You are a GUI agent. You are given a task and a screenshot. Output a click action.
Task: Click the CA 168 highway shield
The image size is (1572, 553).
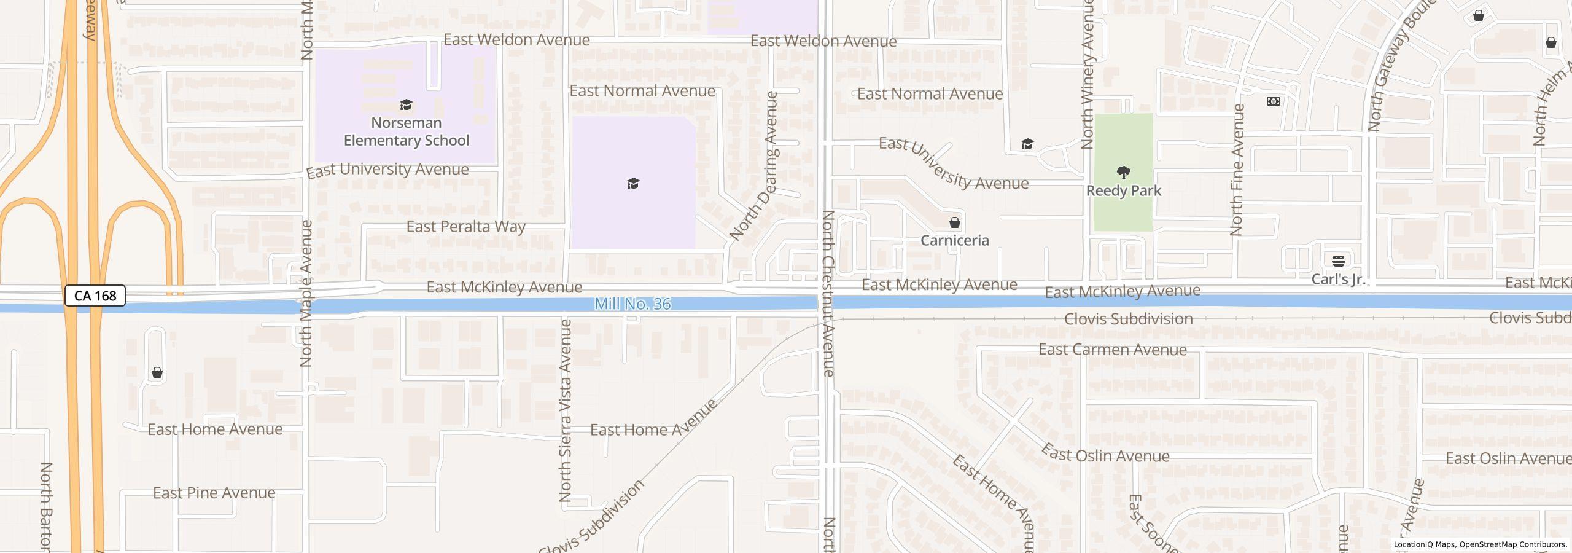(95, 296)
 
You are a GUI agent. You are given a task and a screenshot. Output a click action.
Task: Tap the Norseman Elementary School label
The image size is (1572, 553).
(406, 131)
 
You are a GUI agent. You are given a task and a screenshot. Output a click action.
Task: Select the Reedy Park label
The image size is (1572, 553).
(1123, 191)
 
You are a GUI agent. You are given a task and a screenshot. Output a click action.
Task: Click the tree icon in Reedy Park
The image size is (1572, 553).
(1123, 172)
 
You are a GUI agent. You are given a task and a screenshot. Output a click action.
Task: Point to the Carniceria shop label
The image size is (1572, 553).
(954, 240)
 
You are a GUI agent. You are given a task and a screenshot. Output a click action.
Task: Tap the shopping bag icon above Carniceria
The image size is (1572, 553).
(954, 222)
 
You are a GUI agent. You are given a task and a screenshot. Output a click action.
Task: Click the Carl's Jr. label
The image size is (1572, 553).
(1338, 280)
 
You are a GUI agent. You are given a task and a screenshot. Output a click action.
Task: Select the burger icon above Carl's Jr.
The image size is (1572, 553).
(1339, 261)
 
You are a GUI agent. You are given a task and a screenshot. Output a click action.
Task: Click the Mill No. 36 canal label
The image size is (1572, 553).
(632, 304)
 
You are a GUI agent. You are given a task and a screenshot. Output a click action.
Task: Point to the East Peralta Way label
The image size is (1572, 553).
(465, 227)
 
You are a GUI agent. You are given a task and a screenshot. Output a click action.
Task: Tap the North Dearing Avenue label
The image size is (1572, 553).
(754, 166)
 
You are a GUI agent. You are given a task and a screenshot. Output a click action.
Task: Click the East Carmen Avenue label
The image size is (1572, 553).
(1112, 350)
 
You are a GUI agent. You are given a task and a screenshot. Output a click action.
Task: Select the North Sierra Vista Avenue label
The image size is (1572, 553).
(566, 410)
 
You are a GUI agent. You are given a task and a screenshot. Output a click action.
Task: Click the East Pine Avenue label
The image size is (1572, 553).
(214, 493)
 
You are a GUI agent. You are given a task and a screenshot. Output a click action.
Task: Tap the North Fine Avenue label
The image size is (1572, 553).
(1237, 170)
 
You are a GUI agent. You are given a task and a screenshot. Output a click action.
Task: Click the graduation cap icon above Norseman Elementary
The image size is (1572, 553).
(406, 104)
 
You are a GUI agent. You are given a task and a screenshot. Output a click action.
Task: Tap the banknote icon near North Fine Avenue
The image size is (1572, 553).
(1274, 101)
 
